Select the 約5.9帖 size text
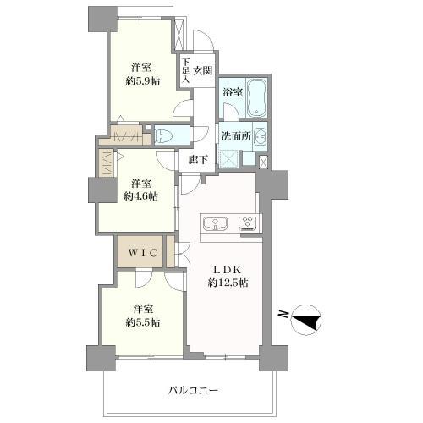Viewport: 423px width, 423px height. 141,80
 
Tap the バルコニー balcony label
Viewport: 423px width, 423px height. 194,391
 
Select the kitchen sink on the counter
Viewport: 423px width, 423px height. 216,224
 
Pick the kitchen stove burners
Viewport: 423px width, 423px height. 249,224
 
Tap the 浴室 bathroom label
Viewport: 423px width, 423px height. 233,91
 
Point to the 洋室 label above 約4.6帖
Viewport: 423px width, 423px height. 141,183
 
